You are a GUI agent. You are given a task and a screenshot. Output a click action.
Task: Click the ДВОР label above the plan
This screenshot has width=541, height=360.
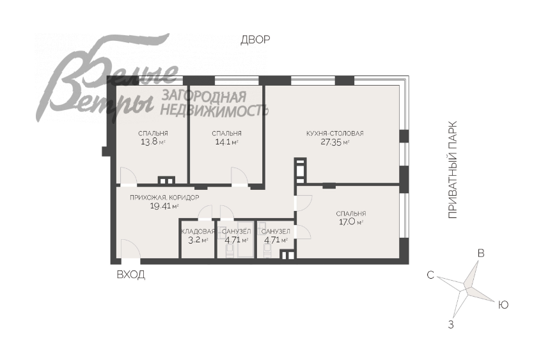(x=255, y=40)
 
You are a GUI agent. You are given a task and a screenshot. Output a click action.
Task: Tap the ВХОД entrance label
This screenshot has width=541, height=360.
(x=130, y=275)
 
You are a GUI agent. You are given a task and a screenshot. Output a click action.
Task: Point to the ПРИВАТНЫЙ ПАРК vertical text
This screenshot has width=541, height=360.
(x=452, y=169)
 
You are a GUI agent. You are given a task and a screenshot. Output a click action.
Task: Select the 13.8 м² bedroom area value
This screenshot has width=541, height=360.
(x=153, y=141)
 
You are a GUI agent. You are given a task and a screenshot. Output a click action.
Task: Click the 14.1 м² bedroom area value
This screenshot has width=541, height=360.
(x=226, y=141)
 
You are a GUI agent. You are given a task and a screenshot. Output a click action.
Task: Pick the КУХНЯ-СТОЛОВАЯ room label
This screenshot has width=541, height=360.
(x=334, y=133)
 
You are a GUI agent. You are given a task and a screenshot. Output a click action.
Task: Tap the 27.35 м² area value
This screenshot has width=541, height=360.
(x=334, y=142)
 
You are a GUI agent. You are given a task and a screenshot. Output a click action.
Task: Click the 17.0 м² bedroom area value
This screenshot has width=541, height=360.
(x=350, y=222)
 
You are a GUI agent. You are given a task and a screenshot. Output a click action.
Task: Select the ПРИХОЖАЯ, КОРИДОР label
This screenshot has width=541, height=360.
(x=164, y=198)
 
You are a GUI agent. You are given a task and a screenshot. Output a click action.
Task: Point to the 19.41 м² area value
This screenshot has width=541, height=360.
(x=164, y=207)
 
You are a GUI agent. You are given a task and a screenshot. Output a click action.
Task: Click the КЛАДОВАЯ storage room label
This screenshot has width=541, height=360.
(x=198, y=231)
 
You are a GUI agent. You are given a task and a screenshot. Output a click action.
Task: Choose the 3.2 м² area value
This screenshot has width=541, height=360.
(x=198, y=240)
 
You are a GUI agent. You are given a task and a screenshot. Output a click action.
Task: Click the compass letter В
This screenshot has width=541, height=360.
(x=481, y=253)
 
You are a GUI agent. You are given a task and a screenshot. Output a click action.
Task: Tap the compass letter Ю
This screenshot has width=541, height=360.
(x=503, y=305)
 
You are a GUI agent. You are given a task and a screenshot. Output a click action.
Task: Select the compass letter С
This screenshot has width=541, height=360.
(x=430, y=275)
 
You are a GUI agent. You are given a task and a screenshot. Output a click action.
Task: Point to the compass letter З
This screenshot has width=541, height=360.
(x=451, y=324)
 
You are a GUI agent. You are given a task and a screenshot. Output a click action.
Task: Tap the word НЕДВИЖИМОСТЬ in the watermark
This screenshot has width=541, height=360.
(x=214, y=110)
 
